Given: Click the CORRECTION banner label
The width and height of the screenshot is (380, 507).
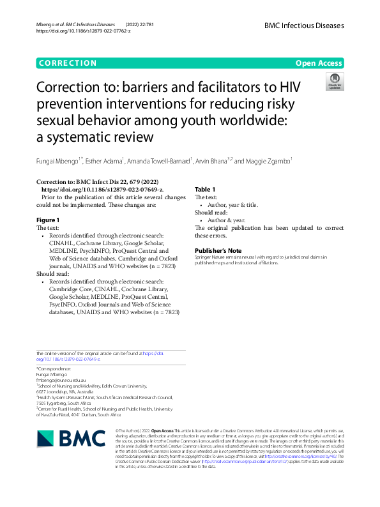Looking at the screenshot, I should click(x=67, y=63).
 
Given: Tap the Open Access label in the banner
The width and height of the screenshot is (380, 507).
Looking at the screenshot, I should click(x=319, y=63).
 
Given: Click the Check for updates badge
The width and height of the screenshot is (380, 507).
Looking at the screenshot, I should click(x=334, y=81).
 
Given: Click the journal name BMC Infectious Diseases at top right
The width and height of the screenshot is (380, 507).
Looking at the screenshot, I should click(x=304, y=26).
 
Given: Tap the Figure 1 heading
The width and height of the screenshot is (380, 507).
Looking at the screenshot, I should click(x=48, y=219).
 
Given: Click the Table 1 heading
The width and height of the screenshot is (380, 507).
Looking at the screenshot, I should click(x=205, y=190).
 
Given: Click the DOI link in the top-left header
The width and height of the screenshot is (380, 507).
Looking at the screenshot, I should click(x=83, y=31).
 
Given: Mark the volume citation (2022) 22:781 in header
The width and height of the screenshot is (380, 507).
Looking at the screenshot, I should click(x=137, y=23).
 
